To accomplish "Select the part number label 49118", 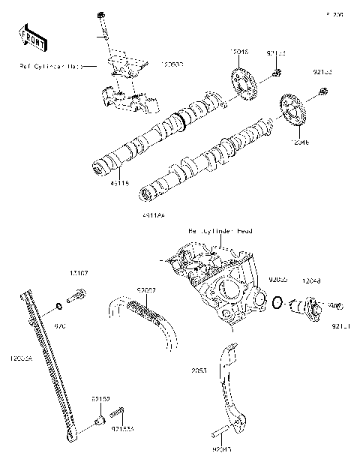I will point(98,181).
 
